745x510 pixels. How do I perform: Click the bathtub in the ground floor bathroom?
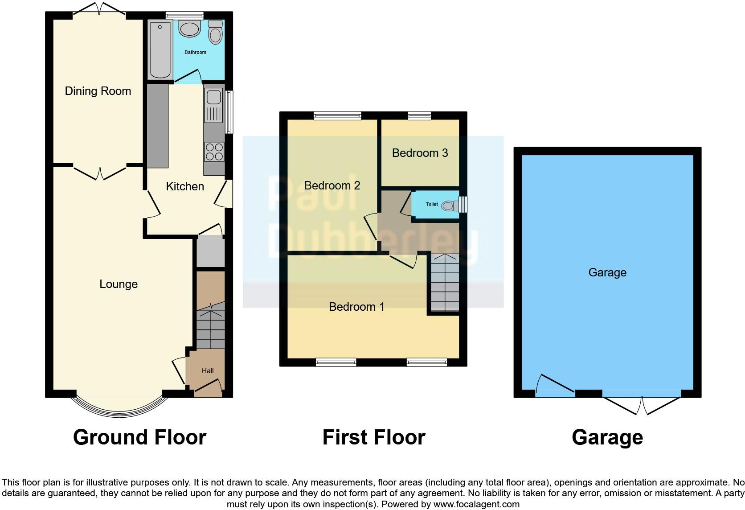[x=160, y=49]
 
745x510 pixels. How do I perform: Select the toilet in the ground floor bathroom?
[x=215, y=33]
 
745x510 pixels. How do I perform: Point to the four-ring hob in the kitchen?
[x=214, y=152]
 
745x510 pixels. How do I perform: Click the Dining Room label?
[x=98, y=91]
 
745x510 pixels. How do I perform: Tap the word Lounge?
[x=119, y=284]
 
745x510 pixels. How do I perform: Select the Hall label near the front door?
[x=208, y=370]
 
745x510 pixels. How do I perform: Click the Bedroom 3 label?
[x=420, y=153]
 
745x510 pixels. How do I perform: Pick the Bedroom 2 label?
[x=332, y=185]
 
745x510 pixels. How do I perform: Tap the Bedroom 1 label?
[x=356, y=307]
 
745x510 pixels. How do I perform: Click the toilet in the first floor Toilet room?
[x=450, y=206]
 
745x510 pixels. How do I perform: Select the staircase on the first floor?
[x=445, y=282]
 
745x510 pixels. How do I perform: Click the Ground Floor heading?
[x=139, y=437]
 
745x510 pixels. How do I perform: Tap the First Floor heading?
[x=374, y=437]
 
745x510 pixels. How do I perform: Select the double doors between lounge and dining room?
[x=100, y=173]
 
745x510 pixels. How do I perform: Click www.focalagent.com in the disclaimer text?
[x=476, y=504]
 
